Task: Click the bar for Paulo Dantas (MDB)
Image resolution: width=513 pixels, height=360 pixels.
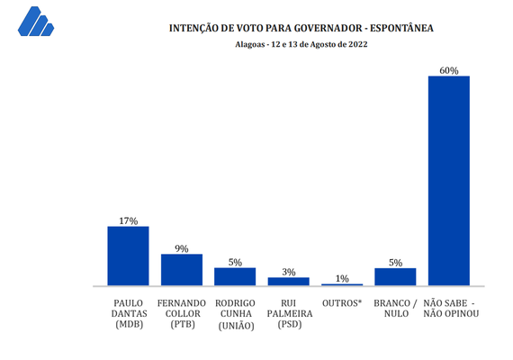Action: point(128,256)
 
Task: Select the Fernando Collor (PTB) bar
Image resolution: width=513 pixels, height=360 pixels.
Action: point(181,269)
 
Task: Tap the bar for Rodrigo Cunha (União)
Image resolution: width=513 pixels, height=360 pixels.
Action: point(235,276)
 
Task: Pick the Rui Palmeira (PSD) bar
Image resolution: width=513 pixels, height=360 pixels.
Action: point(288,281)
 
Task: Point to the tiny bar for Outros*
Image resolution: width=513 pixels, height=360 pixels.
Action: point(342,284)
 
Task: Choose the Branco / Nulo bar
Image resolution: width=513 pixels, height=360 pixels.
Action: point(395,276)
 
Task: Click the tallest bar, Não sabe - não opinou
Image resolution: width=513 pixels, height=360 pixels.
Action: point(448,180)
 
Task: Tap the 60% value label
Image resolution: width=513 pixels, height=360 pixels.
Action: point(448,70)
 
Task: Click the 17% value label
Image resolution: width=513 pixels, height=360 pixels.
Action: point(128,220)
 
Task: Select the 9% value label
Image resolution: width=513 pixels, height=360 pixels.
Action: point(181,247)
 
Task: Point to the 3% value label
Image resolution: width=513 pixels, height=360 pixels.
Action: point(288,271)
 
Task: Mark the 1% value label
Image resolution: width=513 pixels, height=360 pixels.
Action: point(342,278)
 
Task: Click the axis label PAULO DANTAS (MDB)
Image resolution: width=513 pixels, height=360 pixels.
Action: point(128,312)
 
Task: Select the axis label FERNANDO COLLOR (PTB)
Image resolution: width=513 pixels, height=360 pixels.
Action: point(181,312)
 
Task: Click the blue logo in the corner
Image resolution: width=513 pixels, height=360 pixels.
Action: point(35,22)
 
